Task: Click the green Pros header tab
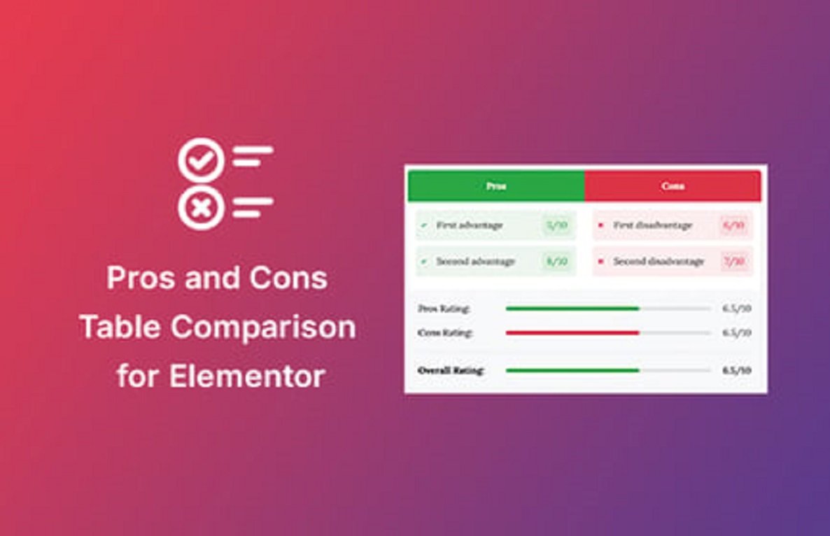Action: (495, 187)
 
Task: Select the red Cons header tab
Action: (673, 187)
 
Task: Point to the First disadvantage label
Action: (652, 225)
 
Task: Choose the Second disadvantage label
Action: (659, 261)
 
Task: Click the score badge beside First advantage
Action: (557, 225)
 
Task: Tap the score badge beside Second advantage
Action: (557, 261)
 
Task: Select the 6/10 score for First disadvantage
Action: (734, 225)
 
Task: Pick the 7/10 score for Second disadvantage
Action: (734, 261)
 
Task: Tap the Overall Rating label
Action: (451, 370)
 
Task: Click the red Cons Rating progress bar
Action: (572, 333)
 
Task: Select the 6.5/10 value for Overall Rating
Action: (737, 370)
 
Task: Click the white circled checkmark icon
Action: (201, 161)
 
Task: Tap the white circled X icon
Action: (201, 208)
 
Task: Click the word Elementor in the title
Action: (247, 376)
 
